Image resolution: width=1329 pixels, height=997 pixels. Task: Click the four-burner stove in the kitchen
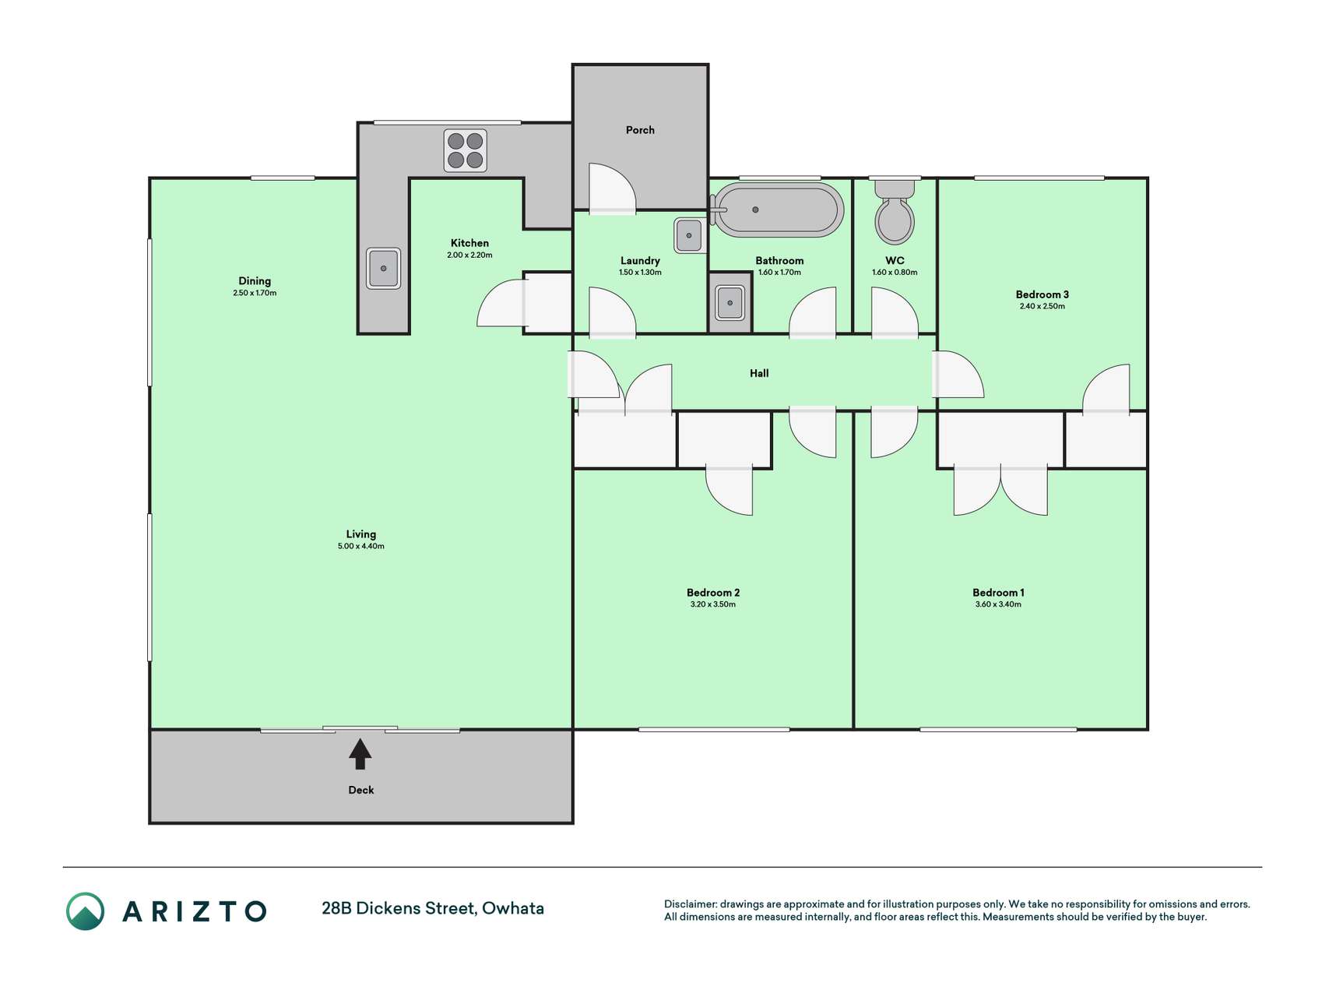click(466, 150)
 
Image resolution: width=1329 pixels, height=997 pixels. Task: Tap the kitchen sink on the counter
click(383, 268)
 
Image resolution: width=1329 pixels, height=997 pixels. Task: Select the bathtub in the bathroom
click(778, 210)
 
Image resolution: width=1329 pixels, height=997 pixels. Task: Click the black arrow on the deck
click(360, 754)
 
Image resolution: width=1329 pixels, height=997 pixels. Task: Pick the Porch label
click(640, 130)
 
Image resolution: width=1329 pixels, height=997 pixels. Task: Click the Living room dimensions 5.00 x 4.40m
click(361, 547)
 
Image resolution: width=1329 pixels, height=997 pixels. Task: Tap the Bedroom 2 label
click(713, 593)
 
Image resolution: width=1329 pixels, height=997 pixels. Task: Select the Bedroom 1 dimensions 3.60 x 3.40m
click(998, 604)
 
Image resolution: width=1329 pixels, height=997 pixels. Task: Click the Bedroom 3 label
click(1042, 294)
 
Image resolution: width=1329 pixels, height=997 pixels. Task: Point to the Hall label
click(759, 373)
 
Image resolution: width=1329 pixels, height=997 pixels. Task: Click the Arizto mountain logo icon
click(85, 911)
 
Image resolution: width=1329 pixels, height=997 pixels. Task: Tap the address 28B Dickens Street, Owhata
click(433, 908)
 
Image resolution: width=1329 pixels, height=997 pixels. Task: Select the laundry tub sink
click(689, 235)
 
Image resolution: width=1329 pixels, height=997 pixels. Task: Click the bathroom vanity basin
click(730, 302)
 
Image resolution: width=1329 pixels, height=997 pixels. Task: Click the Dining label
click(255, 281)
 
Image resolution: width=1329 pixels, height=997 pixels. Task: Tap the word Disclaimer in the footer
click(690, 904)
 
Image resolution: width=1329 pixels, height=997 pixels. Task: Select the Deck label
click(361, 790)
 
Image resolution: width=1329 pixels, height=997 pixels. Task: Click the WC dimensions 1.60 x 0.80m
click(895, 273)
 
